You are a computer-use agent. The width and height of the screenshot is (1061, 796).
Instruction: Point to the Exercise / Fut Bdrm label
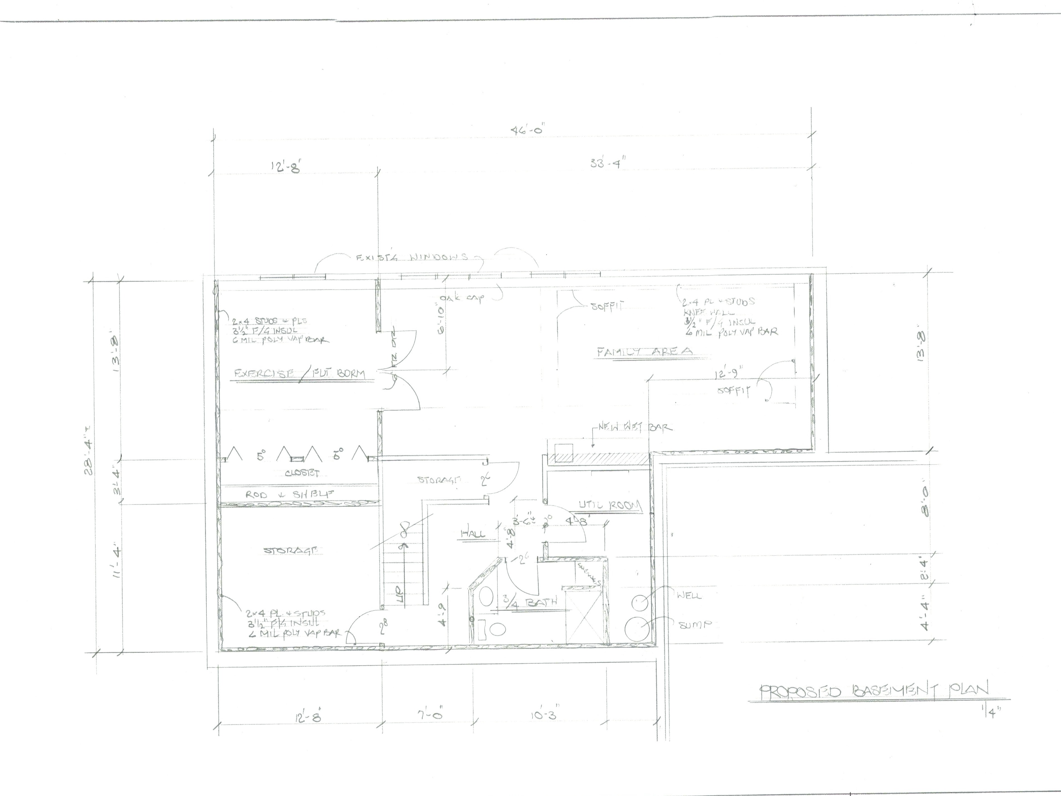pyautogui.click(x=299, y=373)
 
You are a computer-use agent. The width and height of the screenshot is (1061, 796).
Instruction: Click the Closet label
pyautogui.click(x=302, y=473)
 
